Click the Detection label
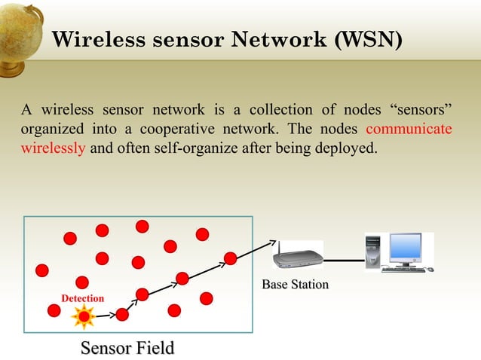82,299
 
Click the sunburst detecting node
83,316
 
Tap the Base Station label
295,285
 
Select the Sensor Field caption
127,348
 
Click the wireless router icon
296,257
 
